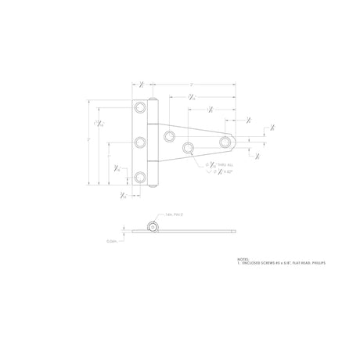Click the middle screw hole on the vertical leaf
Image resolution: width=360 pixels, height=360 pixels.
point(140,142)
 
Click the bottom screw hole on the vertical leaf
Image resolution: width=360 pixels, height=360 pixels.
point(140,178)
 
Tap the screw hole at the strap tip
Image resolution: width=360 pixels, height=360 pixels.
point(226,142)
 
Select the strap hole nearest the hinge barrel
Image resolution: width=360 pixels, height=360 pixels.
point(169,136)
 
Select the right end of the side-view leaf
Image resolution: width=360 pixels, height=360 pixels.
point(235,231)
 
